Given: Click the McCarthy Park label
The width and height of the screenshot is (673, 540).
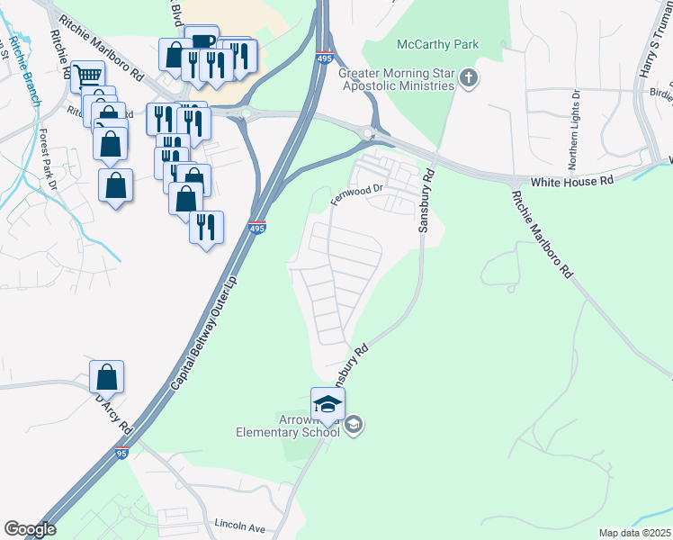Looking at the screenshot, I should [x=439, y=44].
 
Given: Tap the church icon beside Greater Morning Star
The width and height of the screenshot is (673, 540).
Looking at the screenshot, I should [x=468, y=79].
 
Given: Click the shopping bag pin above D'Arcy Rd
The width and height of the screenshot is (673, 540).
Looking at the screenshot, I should [x=106, y=378].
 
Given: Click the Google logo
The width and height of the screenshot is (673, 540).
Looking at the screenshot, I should [x=30, y=529].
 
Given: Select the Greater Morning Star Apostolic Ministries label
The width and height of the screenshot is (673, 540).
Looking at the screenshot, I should [x=396, y=79].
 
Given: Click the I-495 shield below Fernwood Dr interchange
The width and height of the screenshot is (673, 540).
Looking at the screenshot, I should [x=257, y=228].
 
